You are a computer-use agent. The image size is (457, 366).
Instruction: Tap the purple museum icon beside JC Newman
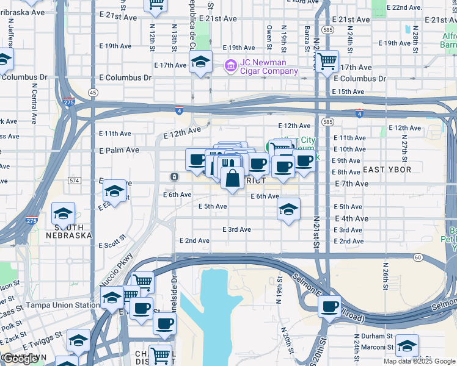click(x=230, y=65)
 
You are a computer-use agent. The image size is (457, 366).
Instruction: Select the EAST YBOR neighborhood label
click(x=387, y=169)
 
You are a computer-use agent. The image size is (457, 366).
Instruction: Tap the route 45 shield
click(x=92, y=93)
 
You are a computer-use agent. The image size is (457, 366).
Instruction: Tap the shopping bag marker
click(x=232, y=179)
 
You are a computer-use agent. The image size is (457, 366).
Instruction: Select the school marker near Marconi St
click(x=407, y=345)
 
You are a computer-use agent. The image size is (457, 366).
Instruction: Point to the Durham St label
click(x=375, y=336)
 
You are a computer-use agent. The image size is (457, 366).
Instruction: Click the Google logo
click(x=21, y=359)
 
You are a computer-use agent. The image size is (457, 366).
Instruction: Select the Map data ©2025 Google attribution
click(x=419, y=361)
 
